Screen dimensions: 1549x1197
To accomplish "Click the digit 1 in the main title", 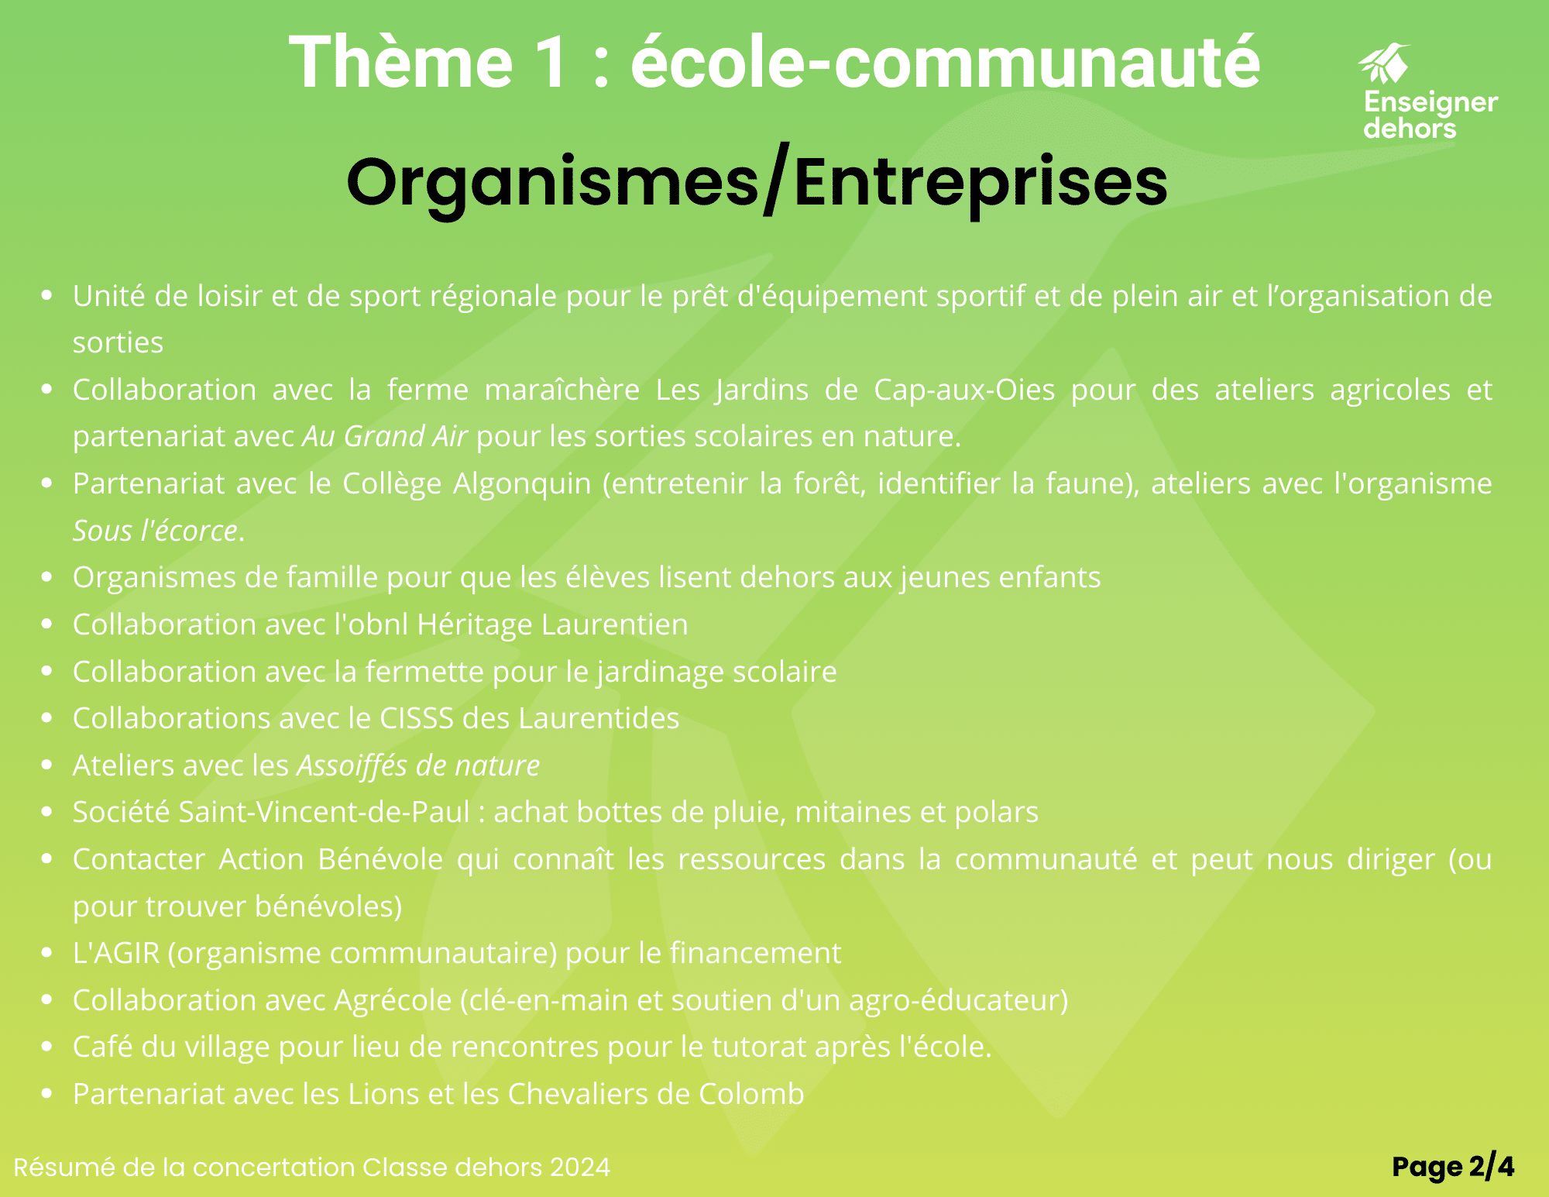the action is coord(551,62).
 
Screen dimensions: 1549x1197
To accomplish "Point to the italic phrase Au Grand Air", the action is coord(385,437).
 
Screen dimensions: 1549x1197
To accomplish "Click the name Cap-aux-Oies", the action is coord(964,390).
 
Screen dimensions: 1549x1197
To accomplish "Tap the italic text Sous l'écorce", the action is coord(156,531).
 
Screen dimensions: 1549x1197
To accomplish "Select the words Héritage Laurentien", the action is coord(552,625).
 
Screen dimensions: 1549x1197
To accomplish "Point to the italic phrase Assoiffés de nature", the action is coord(418,765).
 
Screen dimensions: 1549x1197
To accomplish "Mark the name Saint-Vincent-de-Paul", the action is coord(325,813).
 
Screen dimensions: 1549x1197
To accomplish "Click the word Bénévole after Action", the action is coord(380,860).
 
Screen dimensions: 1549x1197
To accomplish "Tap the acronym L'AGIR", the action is coord(116,954).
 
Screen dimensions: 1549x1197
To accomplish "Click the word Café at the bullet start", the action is coord(103,1047).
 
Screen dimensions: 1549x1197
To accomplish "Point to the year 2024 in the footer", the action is coord(580,1168).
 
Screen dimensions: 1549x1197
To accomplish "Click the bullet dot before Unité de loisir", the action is coord(47,295).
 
